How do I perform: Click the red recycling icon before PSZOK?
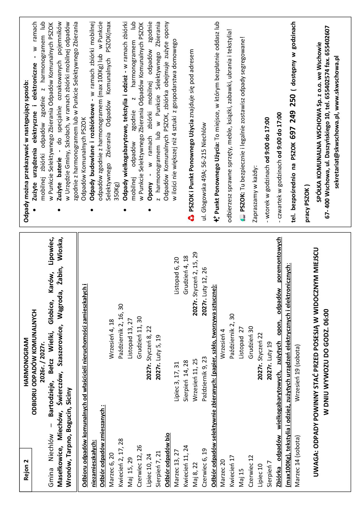pos(190,217)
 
